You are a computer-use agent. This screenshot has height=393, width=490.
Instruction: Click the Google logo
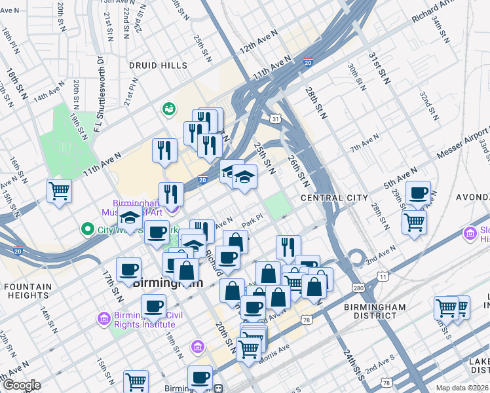tap(21, 385)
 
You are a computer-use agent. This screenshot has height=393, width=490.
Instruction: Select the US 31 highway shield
tap(276, 119)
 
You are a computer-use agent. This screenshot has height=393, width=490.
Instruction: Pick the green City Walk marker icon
tap(86, 229)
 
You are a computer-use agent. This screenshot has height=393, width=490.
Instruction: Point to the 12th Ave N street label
tap(255, 46)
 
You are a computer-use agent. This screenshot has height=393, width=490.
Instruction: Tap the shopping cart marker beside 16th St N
tap(59, 191)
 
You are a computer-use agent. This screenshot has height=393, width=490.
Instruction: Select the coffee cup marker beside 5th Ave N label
tap(418, 193)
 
